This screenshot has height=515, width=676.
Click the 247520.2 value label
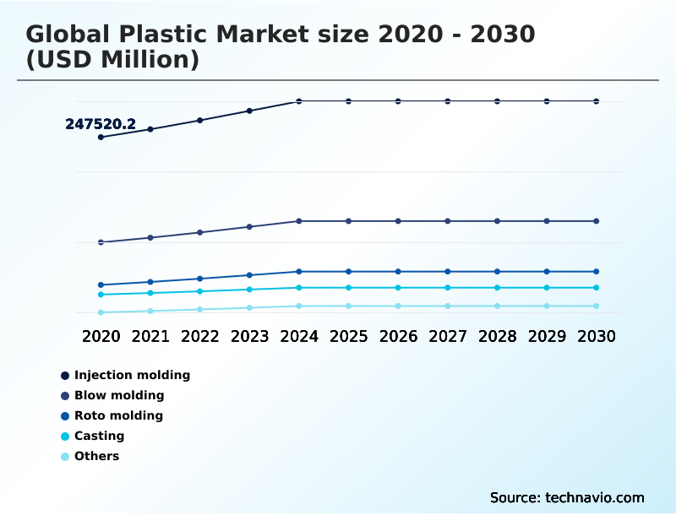point(101,124)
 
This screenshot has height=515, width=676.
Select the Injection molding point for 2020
point(101,137)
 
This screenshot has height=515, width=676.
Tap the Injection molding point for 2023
point(249,111)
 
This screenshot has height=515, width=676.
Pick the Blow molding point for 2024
point(299,221)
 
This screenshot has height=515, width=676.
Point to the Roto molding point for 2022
point(200,279)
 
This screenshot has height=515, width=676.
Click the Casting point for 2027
point(448,288)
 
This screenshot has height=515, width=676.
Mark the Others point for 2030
point(597,306)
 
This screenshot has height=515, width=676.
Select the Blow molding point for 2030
point(597,221)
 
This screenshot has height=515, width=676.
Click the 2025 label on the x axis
point(348,336)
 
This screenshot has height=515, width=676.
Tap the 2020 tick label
point(101,336)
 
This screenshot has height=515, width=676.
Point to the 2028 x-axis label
point(497,336)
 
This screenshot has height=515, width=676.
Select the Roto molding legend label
point(118,415)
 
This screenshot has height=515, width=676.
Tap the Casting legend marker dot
point(65,436)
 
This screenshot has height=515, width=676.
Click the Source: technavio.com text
point(567,497)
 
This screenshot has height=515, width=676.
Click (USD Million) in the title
point(112,60)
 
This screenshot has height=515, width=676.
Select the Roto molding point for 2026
point(398,272)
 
